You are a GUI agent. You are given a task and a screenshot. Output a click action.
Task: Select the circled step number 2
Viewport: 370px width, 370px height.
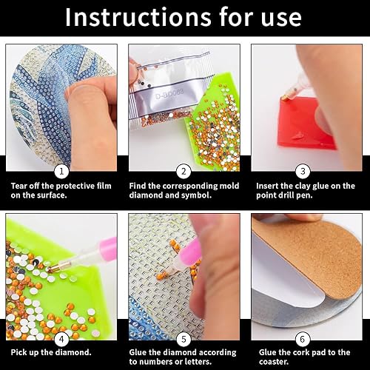[184, 169]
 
